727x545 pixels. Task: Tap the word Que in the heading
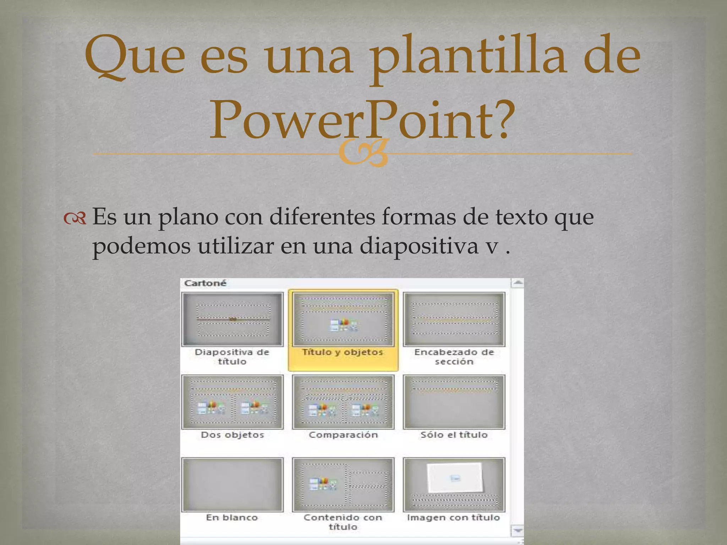click(x=135, y=57)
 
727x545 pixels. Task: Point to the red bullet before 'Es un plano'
click(x=75, y=219)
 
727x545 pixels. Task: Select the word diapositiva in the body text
click(x=419, y=246)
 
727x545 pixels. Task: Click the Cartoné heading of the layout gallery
click(x=205, y=283)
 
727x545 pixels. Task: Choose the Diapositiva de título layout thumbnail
click(x=233, y=319)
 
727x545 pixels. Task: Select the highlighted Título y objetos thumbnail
click(x=343, y=319)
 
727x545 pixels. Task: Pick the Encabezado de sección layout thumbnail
click(x=454, y=319)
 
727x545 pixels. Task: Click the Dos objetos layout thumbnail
click(x=233, y=402)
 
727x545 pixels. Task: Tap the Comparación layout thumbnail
click(x=343, y=402)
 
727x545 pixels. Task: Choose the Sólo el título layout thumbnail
click(x=454, y=402)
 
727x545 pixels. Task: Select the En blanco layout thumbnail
click(x=233, y=485)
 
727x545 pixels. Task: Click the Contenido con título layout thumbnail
click(x=343, y=485)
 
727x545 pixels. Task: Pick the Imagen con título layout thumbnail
click(x=454, y=485)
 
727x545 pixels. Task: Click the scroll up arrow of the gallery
click(x=518, y=283)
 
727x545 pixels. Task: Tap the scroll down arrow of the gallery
click(x=518, y=531)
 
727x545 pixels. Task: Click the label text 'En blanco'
click(x=232, y=518)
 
